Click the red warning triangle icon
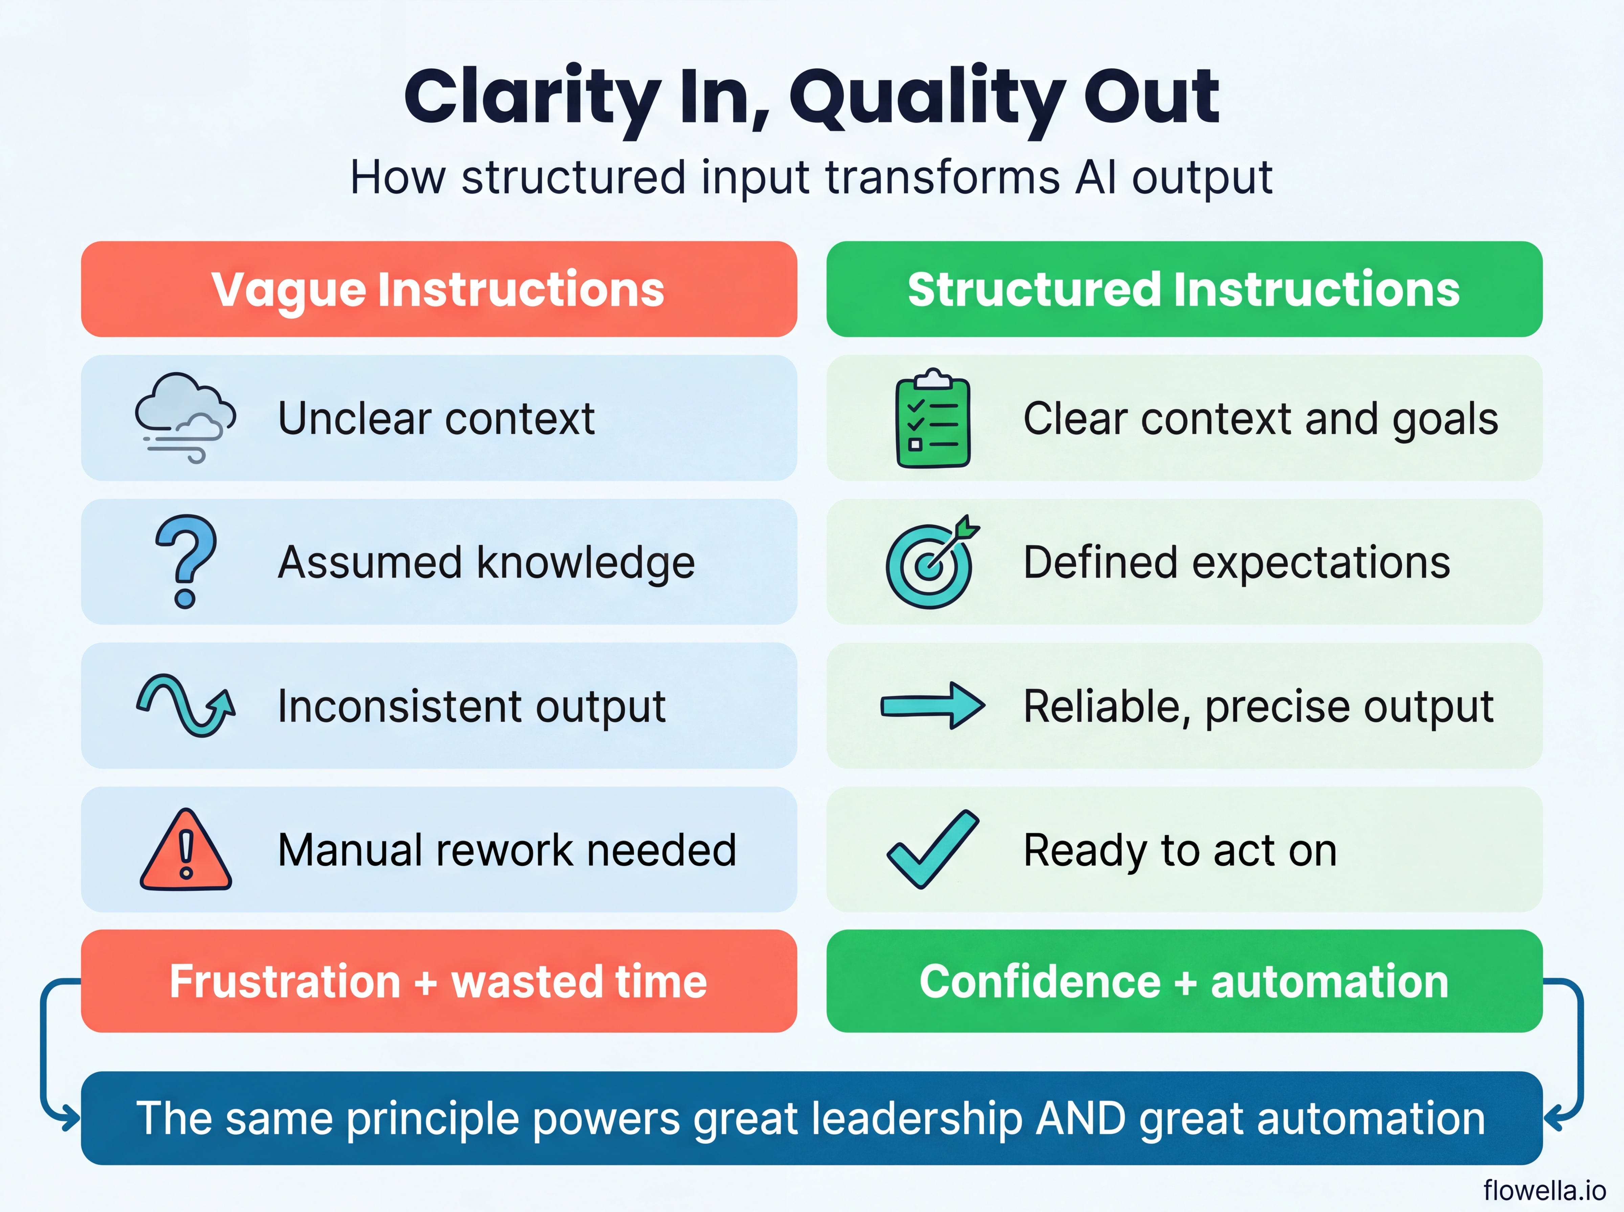point(186,851)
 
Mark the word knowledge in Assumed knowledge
point(586,563)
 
